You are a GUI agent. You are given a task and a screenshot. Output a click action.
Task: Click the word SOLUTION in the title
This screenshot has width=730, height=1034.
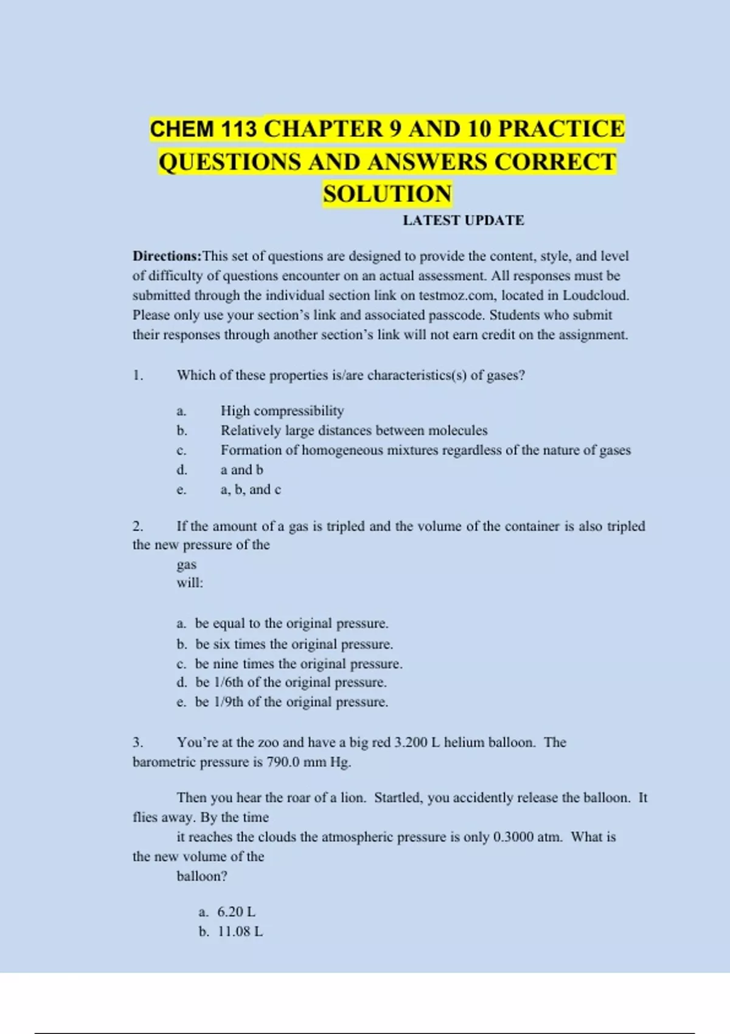(387, 194)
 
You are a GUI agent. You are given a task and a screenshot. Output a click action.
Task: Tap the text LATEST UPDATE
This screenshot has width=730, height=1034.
(463, 220)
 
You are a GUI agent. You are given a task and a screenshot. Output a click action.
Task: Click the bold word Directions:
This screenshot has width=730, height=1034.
(167, 256)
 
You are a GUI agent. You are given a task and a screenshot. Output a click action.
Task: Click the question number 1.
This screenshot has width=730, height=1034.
(138, 375)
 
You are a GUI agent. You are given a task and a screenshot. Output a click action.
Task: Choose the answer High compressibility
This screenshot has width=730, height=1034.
(282, 411)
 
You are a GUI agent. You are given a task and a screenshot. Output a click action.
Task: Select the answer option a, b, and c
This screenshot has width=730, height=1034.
(251, 490)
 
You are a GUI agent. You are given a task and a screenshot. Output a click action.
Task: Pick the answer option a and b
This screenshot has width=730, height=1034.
(242, 470)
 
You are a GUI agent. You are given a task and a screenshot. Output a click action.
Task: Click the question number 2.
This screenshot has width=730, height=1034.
(138, 526)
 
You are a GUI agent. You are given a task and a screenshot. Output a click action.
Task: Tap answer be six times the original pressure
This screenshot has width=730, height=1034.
(294, 644)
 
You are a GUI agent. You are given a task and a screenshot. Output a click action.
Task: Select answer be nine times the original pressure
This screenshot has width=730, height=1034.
(299, 664)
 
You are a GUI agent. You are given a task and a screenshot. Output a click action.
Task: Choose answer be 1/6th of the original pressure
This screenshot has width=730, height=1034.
(291, 682)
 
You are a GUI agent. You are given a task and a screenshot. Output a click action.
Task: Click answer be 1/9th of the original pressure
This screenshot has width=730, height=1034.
(291, 702)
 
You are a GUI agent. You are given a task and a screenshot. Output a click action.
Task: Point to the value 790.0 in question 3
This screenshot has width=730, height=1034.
(283, 762)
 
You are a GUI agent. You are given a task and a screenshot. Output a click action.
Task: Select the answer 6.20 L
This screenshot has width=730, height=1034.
(236, 912)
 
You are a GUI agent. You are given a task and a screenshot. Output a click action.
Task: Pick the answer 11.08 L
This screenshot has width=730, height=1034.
(240, 931)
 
